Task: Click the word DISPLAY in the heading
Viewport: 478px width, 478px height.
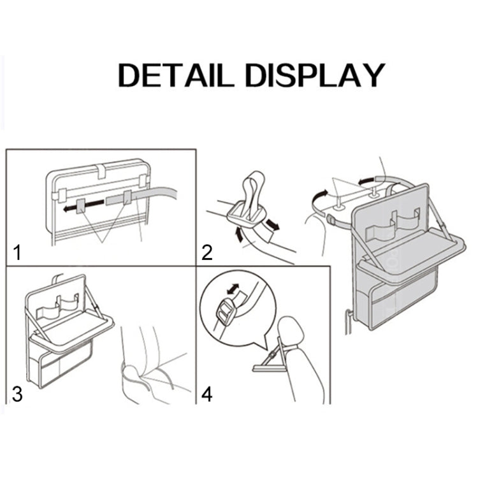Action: coord(315,75)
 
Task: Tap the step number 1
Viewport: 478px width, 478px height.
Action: coord(18,253)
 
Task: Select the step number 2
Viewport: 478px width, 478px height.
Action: coord(206,253)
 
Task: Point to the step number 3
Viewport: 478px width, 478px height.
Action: coord(17,393)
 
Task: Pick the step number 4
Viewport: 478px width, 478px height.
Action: coord(206,394)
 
